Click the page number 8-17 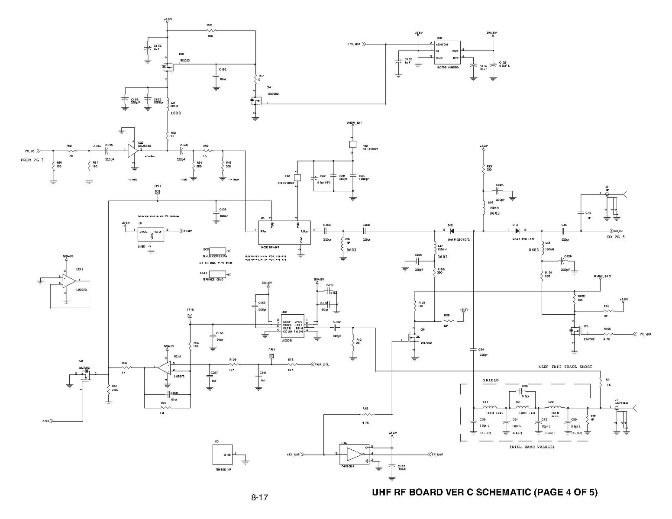(x=259, y=497)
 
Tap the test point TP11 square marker (x=157, y=192)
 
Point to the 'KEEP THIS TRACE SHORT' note (x=565, y=367)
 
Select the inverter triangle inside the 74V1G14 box (x=355, y=454)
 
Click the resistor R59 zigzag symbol (x=210, y=31)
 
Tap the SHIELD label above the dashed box (x=491, y=380)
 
